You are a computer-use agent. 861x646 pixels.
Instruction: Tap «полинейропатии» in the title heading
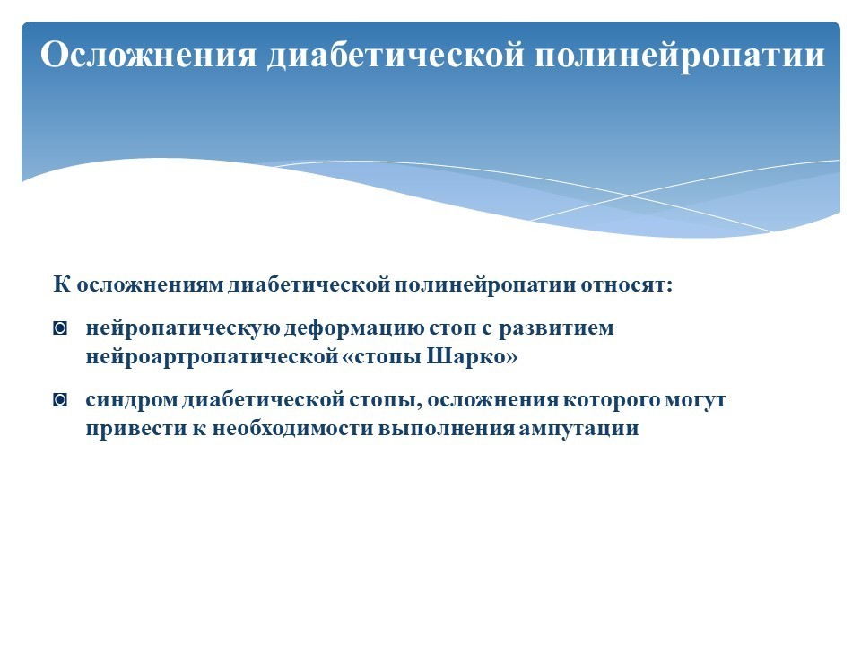(x=680, y=56)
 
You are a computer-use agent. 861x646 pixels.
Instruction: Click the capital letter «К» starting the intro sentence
(x=62, y=284)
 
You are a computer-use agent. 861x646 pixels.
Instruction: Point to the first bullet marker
(x=60, y=328)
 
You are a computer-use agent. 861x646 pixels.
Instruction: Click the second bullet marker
(x=60, y=400)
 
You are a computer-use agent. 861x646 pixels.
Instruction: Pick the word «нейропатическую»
(x=183, y=328)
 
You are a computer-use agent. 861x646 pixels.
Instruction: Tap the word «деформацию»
(x=354, y=328)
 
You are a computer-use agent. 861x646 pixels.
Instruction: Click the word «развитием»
(x=556, y=328)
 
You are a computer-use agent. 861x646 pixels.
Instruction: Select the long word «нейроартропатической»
(x=212, y=357)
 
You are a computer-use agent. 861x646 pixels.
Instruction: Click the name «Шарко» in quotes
(x=473, y=356)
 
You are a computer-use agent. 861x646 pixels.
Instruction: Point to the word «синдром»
(x=132, y=400)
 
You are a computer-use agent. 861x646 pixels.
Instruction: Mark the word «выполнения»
(x=446, y=429)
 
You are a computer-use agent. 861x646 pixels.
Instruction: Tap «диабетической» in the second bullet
(x=264, y=400)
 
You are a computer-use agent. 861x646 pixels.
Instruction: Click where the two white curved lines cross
(x=630, y=196)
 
